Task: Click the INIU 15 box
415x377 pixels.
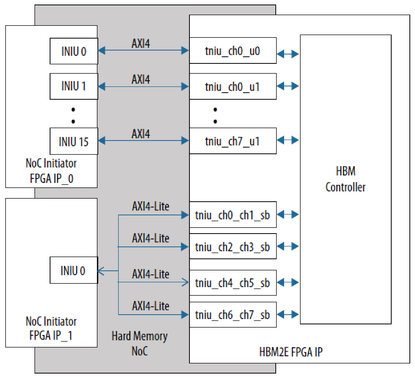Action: [x=74, y=141]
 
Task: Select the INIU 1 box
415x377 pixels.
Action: [x=74, y=86]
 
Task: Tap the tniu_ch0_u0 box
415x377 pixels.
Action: [x=233, y=51]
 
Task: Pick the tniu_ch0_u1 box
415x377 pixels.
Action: [x=233, y=86]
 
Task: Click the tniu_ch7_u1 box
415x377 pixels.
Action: [x=233, y=141]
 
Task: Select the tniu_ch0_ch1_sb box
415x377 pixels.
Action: [x=233, y=215]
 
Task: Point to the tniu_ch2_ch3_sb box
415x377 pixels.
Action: [x=233, y=246]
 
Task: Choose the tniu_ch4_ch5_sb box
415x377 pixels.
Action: [x=233, y=283]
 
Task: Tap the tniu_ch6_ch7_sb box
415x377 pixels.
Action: [x=233, y=315]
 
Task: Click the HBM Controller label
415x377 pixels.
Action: [x=345, y=179]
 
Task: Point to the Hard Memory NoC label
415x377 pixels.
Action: [x=139, y=343]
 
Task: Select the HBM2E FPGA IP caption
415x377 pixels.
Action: [x=291, y=352]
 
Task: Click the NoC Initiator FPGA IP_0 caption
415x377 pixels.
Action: [x=51, y=171]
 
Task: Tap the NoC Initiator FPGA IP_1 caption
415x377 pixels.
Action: [x=51, y=328]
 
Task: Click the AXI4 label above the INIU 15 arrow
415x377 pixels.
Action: [x=141, y=134]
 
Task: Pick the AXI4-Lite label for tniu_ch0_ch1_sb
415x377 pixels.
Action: [x=151, y=206]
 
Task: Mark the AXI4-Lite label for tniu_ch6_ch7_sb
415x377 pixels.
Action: [x=151, y=306]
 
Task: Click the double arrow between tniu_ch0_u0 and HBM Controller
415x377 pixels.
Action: [x=288, y=54]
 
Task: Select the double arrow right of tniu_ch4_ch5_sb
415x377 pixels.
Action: [x=288, y=282]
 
